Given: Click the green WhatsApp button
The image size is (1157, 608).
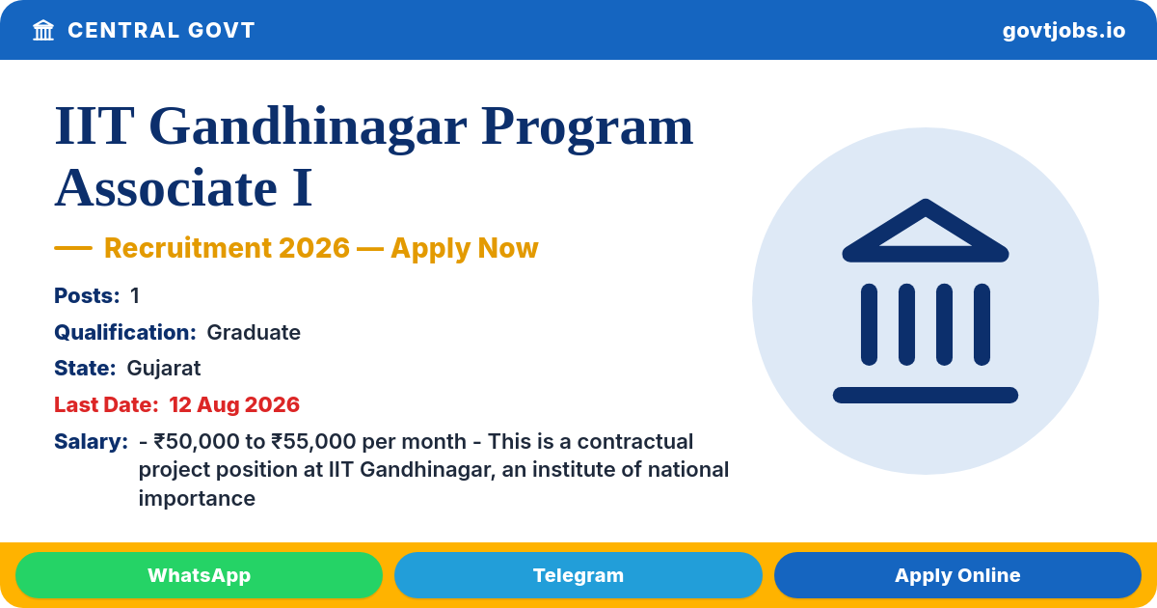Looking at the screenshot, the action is point(199,575).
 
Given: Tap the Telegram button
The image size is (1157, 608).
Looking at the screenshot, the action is point(578,575).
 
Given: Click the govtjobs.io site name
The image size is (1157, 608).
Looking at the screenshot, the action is point(1063,31).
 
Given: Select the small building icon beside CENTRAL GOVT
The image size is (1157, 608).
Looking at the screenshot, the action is point(43,30).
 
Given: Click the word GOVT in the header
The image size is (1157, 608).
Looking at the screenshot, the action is point(222,30).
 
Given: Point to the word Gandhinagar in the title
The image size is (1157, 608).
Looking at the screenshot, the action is point(308,127).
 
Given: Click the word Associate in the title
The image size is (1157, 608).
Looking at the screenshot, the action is point(166,187).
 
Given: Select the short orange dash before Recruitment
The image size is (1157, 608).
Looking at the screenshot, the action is point(73,248).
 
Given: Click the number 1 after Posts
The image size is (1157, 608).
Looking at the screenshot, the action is point(135,295).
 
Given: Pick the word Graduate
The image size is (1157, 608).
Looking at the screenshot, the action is point(254,332).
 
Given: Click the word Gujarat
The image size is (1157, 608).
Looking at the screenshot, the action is point(164,369).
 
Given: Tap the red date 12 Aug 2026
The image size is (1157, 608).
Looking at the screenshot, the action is point(234,404).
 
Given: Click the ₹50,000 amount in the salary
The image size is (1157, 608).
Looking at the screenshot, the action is point(197,442).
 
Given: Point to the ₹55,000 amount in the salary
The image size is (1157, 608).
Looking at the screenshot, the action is point(313,442).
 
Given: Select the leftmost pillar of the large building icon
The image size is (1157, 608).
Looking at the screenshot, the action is point(870,324).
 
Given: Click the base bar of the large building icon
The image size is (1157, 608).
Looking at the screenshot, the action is point(926,395).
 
